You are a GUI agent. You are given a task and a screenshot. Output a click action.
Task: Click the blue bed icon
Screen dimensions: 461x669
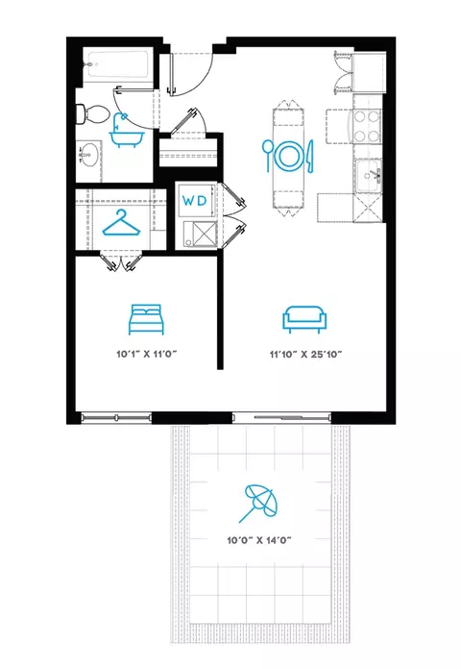pyautogui.click(x=146, y=319)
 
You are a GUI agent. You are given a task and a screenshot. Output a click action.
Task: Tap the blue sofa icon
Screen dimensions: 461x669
pyautogui.click(x=304, y=319)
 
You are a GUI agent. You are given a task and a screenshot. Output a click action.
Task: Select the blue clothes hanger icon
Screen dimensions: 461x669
pyautogui.click(x=121, y=223)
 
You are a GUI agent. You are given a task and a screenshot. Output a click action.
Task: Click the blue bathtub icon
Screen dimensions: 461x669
pyautogui.click(x=127, y=131)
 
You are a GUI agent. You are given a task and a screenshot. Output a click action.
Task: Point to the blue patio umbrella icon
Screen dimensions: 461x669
pyautogui.click(x=258, y=503)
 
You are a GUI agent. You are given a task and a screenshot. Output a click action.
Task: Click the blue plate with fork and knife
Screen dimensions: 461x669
pyautogui.click(x=287, y=156)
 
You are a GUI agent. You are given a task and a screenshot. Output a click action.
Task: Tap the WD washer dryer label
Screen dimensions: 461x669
pyautogui.click(x=194, y=201)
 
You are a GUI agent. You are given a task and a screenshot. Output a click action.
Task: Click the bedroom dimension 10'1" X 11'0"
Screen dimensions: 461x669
pyautogui.click(x=146, y=354)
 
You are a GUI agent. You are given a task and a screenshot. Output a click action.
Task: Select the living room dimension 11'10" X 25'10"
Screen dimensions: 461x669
pyautogui.click(x=305, y=354)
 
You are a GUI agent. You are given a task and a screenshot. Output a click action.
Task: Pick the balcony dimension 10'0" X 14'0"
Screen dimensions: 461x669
pyautogui.click(x=259, y=540)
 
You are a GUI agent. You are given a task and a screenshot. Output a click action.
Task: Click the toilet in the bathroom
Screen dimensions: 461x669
pyautogui.click(x=92, y=114)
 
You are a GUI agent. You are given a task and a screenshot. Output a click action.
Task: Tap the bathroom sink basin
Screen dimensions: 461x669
pyautogui.click(x=88, y=156)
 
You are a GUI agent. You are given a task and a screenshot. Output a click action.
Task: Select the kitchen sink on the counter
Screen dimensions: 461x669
pyautogui.click(x=369, y=175)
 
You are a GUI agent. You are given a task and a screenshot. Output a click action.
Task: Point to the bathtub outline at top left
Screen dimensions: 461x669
pyautogui.click(x=117, y=64)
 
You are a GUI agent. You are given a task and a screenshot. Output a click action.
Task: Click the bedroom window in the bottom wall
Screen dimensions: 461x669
pyautogui.click(x=116, y=417)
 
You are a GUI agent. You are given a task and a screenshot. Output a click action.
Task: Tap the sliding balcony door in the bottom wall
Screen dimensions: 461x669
pyautogui.click(x=281, y=417)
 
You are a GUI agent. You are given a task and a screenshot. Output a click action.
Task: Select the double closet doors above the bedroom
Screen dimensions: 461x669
pyautogui.click(x=121, y=262)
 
